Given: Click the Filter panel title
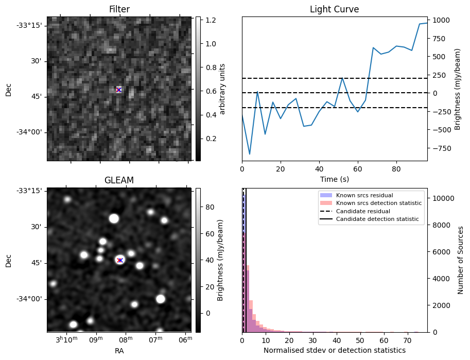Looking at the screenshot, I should tap(119, 9).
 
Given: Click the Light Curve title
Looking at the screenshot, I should tap(334, 9).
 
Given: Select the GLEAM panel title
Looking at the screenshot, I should tap(119, 180).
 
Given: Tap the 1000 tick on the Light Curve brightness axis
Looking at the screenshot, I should tap(441, 21).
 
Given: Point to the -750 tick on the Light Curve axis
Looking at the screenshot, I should tap(443, 148).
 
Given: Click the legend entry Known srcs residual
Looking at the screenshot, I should tap(364, 195).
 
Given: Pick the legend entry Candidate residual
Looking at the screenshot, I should tap(363, 211).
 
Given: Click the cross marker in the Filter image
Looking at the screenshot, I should tap(119, 90).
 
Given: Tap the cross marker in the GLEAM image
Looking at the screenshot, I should tap(120, 260).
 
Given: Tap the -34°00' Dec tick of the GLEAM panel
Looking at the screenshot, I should tap(29, 299).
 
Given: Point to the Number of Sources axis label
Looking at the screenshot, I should tap(461, 260).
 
